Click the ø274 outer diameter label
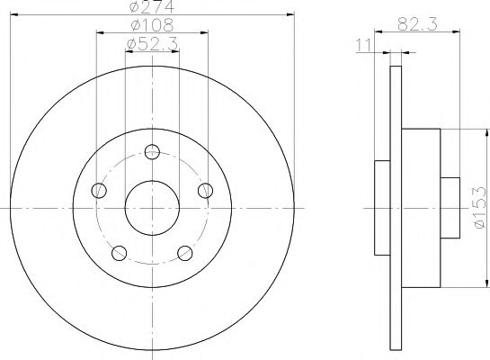[x=150, y=7]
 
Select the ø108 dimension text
[x=150, y=26]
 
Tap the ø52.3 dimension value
[x=150, y=44]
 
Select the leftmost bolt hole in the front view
[x=97, y=190]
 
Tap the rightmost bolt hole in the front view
[x=205, y=190]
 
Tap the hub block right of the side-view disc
[x=420, y=208]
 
